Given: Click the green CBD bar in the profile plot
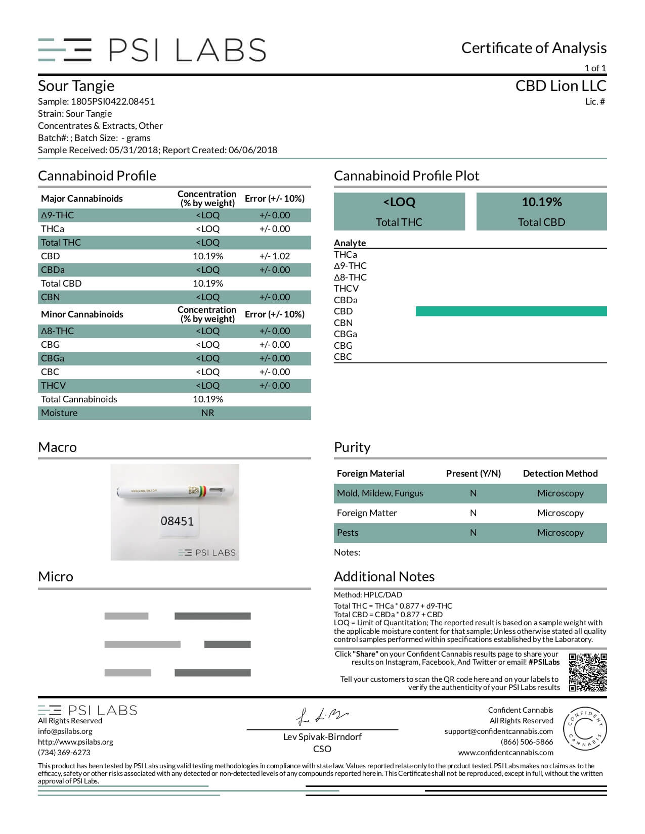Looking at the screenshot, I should coord(511,311).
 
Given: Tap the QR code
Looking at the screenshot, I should coord(587,673).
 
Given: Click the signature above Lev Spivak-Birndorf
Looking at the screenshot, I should coord(322,716).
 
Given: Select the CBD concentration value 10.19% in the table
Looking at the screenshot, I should coord(207,256).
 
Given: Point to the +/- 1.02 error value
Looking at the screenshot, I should coord(275,256).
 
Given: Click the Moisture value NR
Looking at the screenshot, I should coord(207,413).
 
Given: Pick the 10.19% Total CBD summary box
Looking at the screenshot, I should coord(541,211).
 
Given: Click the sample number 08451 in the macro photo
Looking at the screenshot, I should coord(177,521).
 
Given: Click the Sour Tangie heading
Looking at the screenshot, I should coord(76,86).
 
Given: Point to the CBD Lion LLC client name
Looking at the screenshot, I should coord(561,86).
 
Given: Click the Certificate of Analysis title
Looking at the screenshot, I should coord(534,48).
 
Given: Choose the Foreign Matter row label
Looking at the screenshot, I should coord(367,513).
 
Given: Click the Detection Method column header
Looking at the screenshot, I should coord(560,474).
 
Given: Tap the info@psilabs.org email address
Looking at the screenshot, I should coord(65,731).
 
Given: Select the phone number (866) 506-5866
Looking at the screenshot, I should coord(527,742).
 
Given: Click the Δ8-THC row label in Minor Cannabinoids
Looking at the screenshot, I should coord(58,331).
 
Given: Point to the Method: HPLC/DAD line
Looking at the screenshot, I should coord(368,595).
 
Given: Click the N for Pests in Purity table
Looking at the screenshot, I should coord(473,533).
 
